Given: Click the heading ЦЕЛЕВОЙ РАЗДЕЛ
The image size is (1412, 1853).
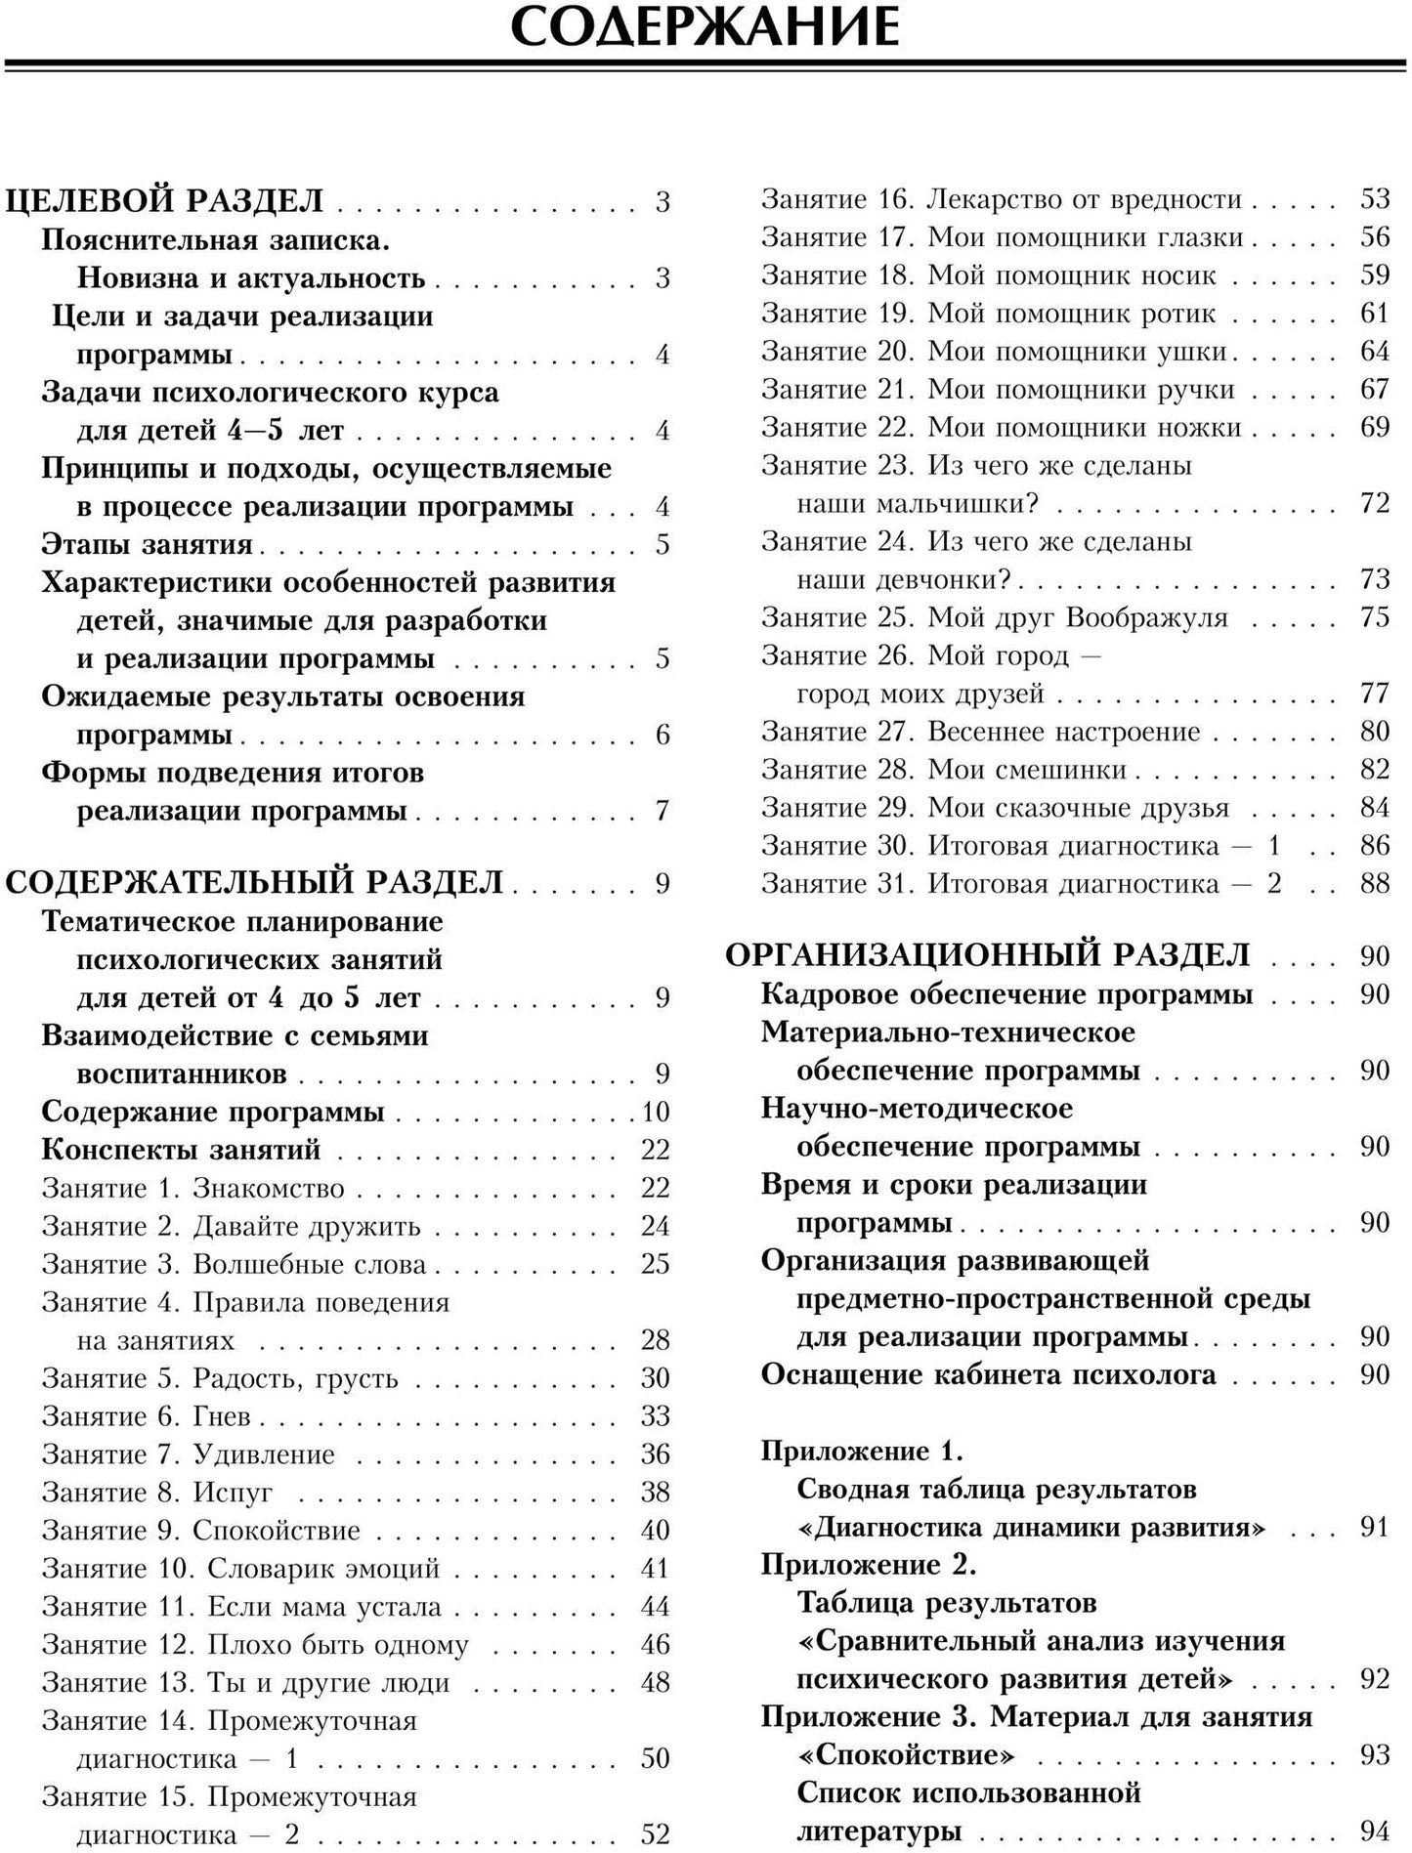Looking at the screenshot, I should (x=164, y=201).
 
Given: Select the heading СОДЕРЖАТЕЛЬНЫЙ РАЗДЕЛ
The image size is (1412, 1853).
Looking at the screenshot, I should (x=254, y=882).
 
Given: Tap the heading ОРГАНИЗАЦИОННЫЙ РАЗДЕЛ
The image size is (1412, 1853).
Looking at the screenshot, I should (x=987, y=954).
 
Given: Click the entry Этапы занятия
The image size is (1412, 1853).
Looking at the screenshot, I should (x=147, y=544).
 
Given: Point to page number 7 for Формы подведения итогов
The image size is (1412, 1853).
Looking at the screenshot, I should (x=663, y=810).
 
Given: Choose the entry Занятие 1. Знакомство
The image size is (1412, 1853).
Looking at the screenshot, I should (x=193, y=1188).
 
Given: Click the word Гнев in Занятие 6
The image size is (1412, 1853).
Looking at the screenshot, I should (x=222, y=1415).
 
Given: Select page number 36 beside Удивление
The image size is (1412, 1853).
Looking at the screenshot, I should (x=655, y=1453).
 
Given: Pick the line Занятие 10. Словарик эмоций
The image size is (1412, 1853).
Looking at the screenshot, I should (x=240, y=1568).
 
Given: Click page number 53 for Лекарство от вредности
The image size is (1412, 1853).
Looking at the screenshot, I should (x=1374, y=199).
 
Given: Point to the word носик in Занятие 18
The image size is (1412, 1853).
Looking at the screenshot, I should (x=1180, y=275).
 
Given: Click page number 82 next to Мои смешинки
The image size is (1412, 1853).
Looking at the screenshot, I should (x=1374, y=770).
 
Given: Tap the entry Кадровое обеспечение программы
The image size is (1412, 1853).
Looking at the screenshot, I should (x=1006, y=994).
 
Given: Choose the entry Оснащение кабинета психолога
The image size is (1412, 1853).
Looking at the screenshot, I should (x=988, y=1374).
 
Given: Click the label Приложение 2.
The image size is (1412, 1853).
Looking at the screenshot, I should (x=869, y=1564).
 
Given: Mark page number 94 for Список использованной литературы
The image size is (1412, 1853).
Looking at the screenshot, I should (x=1374, y=1831).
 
